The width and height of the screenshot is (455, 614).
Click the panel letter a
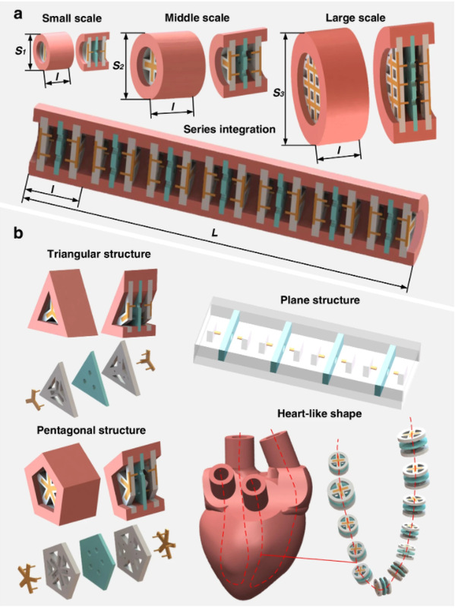18,15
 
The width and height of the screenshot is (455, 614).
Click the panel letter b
18,233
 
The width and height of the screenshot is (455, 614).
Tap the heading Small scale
71,18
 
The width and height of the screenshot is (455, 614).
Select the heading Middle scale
197,17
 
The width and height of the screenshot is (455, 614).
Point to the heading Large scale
355,18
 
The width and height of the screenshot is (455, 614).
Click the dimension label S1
20,50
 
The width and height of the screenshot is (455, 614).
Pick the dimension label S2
118,65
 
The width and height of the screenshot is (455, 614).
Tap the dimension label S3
279,93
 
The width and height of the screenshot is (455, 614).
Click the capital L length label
214,233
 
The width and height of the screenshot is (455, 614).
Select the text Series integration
229,129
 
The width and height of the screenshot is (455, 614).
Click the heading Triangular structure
99,254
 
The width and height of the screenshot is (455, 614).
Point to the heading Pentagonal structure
91,430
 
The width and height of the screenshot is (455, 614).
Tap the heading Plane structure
320,300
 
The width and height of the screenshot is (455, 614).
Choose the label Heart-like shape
320,413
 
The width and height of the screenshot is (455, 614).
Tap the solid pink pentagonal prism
62,485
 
